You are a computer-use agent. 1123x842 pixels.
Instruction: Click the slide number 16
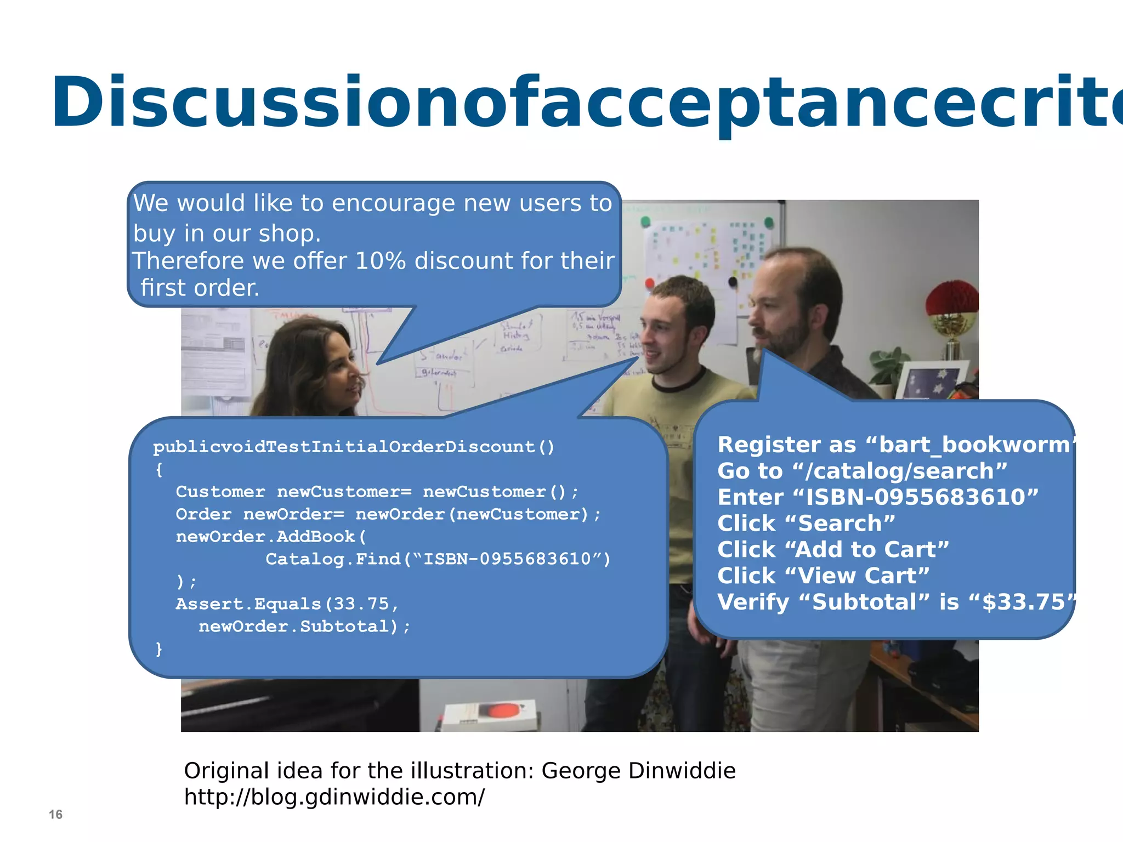[55, 815]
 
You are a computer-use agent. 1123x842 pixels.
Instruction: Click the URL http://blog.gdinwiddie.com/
[334, 798]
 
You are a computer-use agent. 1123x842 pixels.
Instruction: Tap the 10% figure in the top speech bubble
[380, 261]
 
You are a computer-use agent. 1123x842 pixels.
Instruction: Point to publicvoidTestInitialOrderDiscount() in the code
[354, 447]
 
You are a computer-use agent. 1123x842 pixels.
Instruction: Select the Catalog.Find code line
[438, 559]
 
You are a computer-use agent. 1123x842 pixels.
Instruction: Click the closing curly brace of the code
[159, 649]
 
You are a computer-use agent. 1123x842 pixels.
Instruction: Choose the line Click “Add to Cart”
[833, 550]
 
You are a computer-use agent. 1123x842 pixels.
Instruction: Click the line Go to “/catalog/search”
[862, 471]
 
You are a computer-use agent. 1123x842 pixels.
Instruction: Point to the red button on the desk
[501, 710]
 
